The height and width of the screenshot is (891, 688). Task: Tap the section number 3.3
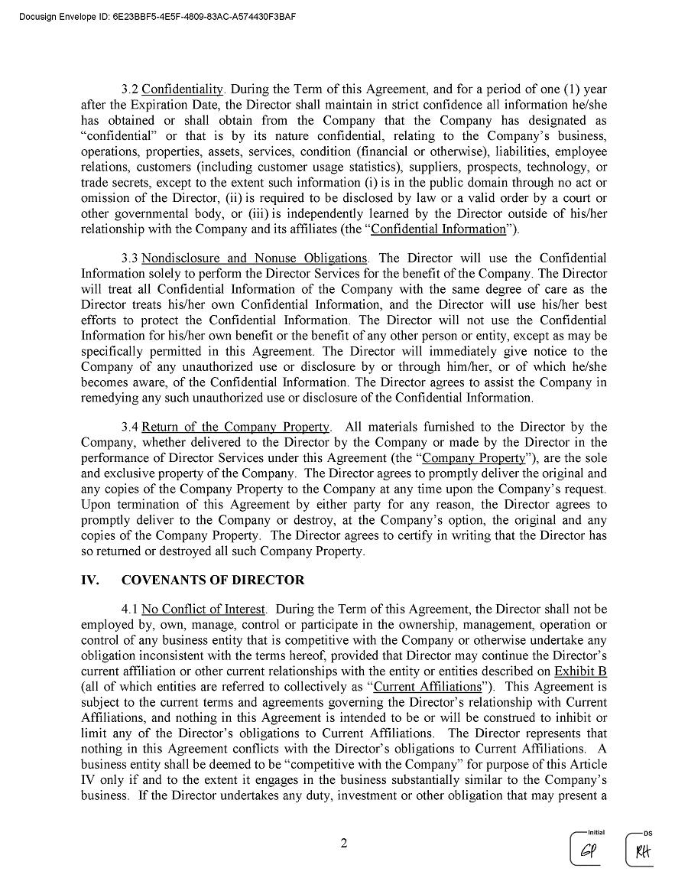pos(130,258)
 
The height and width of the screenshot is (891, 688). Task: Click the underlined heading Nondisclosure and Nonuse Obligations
pos(255,258)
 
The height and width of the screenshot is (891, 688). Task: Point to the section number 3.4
pos(130,427)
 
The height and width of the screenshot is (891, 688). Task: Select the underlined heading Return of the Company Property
pos(235,427)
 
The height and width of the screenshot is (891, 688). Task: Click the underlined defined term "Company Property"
pos(474,458)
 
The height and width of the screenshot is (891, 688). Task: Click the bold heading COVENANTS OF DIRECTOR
pos(213,580)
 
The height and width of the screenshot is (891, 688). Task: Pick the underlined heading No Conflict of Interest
pos(203,610)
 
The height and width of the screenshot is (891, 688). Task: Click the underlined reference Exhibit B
pos(581,672)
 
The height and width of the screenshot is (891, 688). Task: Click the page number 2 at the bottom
pos(344,844)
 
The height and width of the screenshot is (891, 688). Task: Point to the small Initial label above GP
pos(596,833)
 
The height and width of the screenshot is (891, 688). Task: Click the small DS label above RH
pos(648,833)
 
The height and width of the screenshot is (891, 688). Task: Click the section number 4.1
pos(130,610)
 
